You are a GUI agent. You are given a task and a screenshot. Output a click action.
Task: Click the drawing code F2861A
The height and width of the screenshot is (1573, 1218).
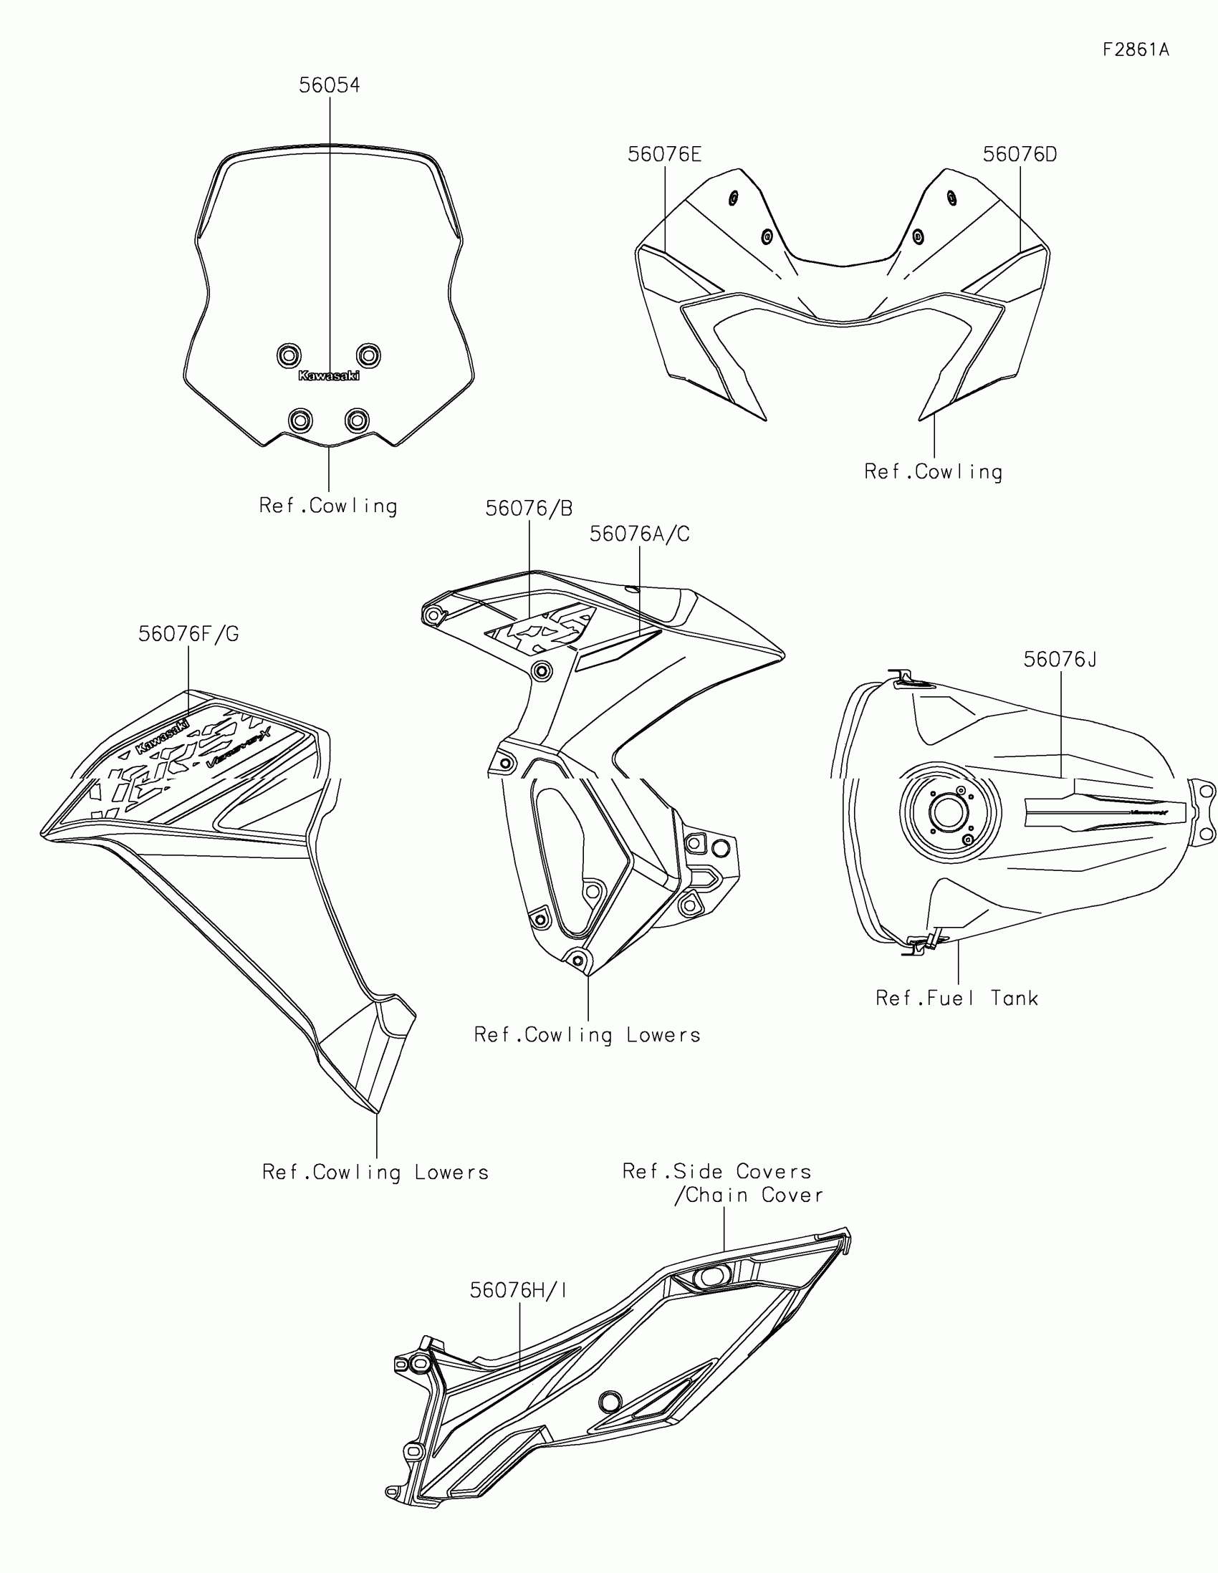pos(1136,49)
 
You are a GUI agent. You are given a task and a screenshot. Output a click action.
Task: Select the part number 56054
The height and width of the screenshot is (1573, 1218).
pos(329,86)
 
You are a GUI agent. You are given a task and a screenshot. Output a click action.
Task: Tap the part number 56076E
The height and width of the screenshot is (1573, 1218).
pos(664,155)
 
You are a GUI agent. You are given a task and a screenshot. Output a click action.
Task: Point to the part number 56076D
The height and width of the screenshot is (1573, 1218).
pos(1020,155)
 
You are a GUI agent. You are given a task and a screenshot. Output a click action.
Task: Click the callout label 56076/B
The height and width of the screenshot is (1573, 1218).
pos(529,509)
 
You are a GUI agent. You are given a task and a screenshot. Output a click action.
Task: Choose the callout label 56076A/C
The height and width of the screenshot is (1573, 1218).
pos(640,534)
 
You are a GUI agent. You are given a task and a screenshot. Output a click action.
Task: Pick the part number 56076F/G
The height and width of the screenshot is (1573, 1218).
pos(188,635)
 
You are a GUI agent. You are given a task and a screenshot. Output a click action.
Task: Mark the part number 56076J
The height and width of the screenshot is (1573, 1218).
pos(1060,660)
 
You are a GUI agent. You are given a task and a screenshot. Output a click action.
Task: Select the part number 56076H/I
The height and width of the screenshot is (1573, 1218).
pos(519,1291)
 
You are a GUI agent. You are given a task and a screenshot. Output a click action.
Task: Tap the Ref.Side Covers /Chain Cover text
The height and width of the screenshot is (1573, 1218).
pos(722,1183)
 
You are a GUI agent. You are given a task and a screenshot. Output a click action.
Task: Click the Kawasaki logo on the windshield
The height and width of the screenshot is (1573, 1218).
pos(328,376)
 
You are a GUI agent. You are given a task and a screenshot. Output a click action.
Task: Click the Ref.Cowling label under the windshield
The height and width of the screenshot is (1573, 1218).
pos(328,506)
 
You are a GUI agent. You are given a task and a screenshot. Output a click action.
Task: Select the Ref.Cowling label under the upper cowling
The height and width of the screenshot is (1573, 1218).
pos(934,473)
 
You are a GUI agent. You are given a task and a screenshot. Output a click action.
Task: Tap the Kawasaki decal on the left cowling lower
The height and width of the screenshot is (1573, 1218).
pos(163,737)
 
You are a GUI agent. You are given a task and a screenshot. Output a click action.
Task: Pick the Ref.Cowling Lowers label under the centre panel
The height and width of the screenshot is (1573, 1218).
pos(587,1036)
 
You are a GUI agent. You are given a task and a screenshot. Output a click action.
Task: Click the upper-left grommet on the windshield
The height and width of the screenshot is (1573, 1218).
pos(289,355)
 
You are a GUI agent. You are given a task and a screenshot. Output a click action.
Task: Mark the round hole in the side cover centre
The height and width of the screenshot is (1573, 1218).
pos(610,1402)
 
